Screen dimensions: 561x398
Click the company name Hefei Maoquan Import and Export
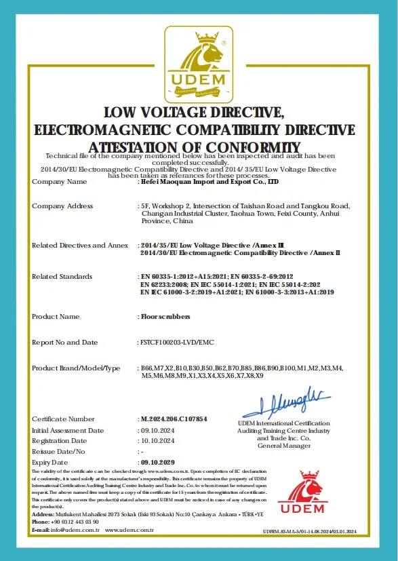click(x=208, y=182)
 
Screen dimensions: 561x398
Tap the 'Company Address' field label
click(x=62, y=206)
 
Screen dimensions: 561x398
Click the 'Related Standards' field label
click(x=62, y=277)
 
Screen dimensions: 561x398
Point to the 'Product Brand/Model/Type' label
click(x=76, y=368)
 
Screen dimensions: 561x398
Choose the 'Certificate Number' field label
click(x=64, y=419)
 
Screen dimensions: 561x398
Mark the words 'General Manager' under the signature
click(x=284, y=446)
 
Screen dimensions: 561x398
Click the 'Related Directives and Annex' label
click(x=80, y=245)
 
